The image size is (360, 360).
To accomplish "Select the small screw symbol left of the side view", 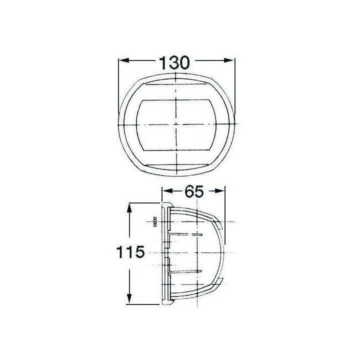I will pyautogui.click(x=155, y=221).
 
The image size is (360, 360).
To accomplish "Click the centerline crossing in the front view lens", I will pyautogui.click(x=176, y=123).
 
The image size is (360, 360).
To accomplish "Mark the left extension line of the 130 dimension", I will pyautogui.click(x=118, y=85).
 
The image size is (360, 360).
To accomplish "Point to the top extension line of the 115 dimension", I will pyautogui.click(x=145, y=202).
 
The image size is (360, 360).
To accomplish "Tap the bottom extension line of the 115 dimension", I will pyautogui.click(x=145, y=304).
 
